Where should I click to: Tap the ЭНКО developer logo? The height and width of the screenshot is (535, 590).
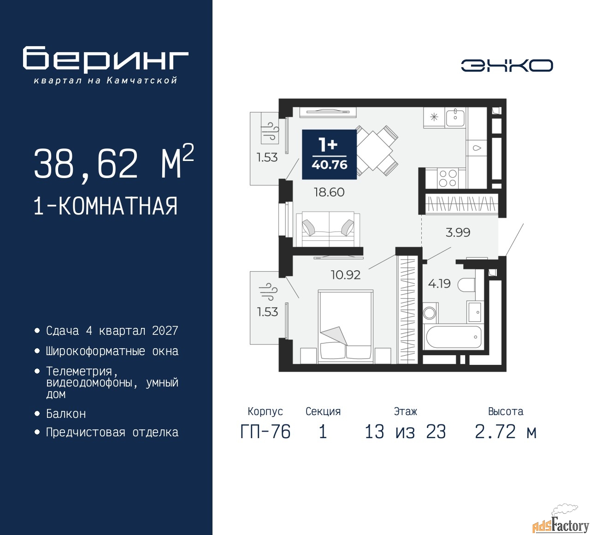tap(507, 65)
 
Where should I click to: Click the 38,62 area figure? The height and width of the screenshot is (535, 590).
tap(86, 163)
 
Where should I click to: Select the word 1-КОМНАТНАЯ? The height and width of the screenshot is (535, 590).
tap(106, 206)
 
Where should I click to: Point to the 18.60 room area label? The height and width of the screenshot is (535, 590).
tap(329, 192)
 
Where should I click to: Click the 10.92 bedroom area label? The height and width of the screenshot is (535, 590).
tap(346, 275)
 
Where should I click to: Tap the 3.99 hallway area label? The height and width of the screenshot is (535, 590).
tap(458, 232)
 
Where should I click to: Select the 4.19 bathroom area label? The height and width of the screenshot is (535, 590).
tap(439, 284)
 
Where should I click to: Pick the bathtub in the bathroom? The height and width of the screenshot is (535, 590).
tap(453, 337)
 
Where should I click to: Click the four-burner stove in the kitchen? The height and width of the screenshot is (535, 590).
tap(448, 178)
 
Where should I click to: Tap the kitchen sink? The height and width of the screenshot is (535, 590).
tap(455, 118)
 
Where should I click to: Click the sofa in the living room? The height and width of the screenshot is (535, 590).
tap(328, 229)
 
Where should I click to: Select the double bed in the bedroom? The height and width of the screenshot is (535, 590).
tap(346, 327)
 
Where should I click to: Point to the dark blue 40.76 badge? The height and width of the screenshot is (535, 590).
tap(330, 155)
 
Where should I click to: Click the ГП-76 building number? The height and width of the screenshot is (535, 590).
tap(265, 432)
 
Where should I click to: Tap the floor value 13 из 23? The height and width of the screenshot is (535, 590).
tap(405, 432)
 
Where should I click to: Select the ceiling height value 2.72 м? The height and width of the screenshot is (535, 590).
tap(506, 432)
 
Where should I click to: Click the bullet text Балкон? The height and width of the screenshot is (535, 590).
tap(66, 414)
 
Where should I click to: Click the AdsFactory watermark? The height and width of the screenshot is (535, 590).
tap(560, 526)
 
